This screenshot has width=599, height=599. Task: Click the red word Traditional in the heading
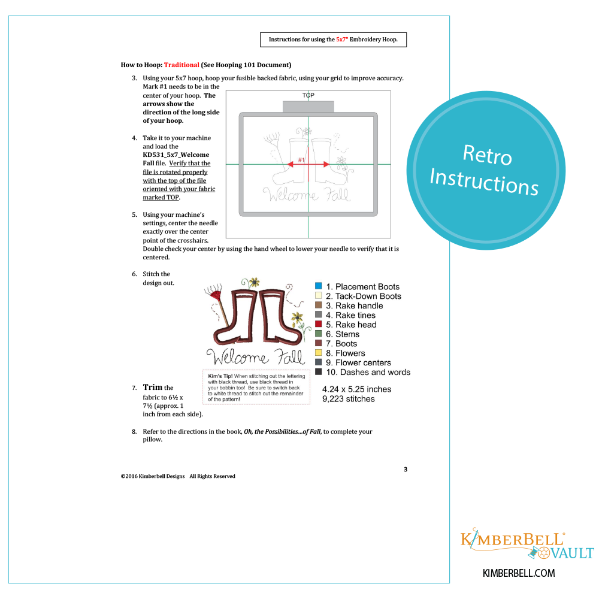click(x=181, y=65)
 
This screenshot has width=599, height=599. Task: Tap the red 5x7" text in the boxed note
click(x=342, y=40)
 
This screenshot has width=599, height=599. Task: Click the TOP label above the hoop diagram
click(x=308, y=95)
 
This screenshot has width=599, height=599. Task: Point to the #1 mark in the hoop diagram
click(x=301, y=160)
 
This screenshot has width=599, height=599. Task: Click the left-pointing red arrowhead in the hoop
click(x=291, y=164)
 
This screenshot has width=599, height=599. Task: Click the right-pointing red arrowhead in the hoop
click(x=326, y=164)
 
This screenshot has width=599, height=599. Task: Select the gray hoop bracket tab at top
click(x=308, y=107)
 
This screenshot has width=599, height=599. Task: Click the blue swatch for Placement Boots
click(x=318, y=286)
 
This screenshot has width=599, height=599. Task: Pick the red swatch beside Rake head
click(x=318, y=324)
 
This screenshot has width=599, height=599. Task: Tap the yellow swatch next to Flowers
click(x=318, y=353)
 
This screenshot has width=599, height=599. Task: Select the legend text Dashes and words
click(x=375, y=372)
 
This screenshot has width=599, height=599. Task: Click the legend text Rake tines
click(x=355, y=315)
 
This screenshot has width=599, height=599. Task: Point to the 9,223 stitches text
click(x=349, y=399)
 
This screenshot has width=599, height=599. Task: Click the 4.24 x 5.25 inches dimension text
click(x=357, y=389)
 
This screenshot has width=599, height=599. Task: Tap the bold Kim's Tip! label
click(x=220, y=376)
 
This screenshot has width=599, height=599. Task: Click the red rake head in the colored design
click(x=216, y=296)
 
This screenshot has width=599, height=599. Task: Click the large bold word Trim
click(x=152, y=387)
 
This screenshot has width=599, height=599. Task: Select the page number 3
click(x=406, y=470)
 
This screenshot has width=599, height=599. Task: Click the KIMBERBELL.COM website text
click(x=519, y=573)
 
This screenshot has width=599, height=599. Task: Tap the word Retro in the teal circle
click(x=487, y=155)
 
